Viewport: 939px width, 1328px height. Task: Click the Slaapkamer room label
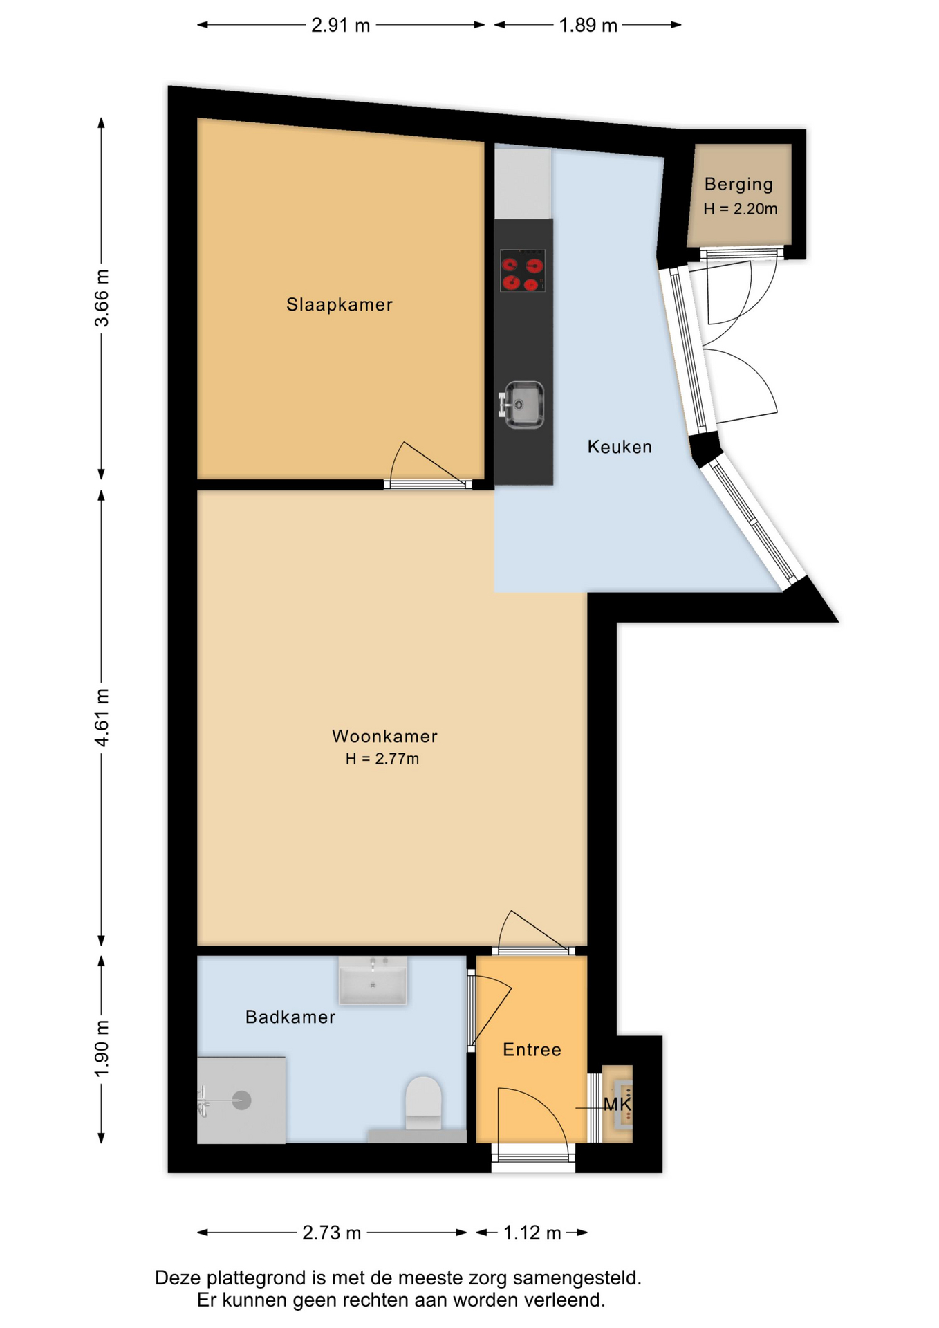click(340, 304)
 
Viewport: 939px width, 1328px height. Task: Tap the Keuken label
click(620, 447)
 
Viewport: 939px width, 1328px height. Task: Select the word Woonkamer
click(384, 736)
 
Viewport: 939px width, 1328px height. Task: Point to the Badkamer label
click(290, 1017)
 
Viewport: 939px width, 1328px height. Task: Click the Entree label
click(532, 1050)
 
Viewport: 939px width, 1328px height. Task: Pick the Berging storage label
click(738, 185)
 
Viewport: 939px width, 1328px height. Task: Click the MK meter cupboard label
click(617, 1104)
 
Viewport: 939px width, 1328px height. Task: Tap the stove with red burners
click(523, 270)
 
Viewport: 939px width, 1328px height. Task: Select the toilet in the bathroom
click(423, 1103)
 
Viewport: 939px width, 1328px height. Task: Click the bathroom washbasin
click(373, 981)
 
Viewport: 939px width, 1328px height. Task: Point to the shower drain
click(241, 1100)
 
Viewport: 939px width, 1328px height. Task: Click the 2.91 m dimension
click(340, 26)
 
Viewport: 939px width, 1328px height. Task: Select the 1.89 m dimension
click(588, 26)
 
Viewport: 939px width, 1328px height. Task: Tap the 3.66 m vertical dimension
click(102, 298)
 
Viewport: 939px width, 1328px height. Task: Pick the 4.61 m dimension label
click(102, 717)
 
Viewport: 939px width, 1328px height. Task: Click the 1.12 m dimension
click(532, 1233)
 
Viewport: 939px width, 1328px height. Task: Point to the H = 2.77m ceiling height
click(382, 759)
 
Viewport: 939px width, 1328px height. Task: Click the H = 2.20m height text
click(741, 209)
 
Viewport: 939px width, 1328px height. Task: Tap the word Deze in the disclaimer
click(178, 1278)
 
